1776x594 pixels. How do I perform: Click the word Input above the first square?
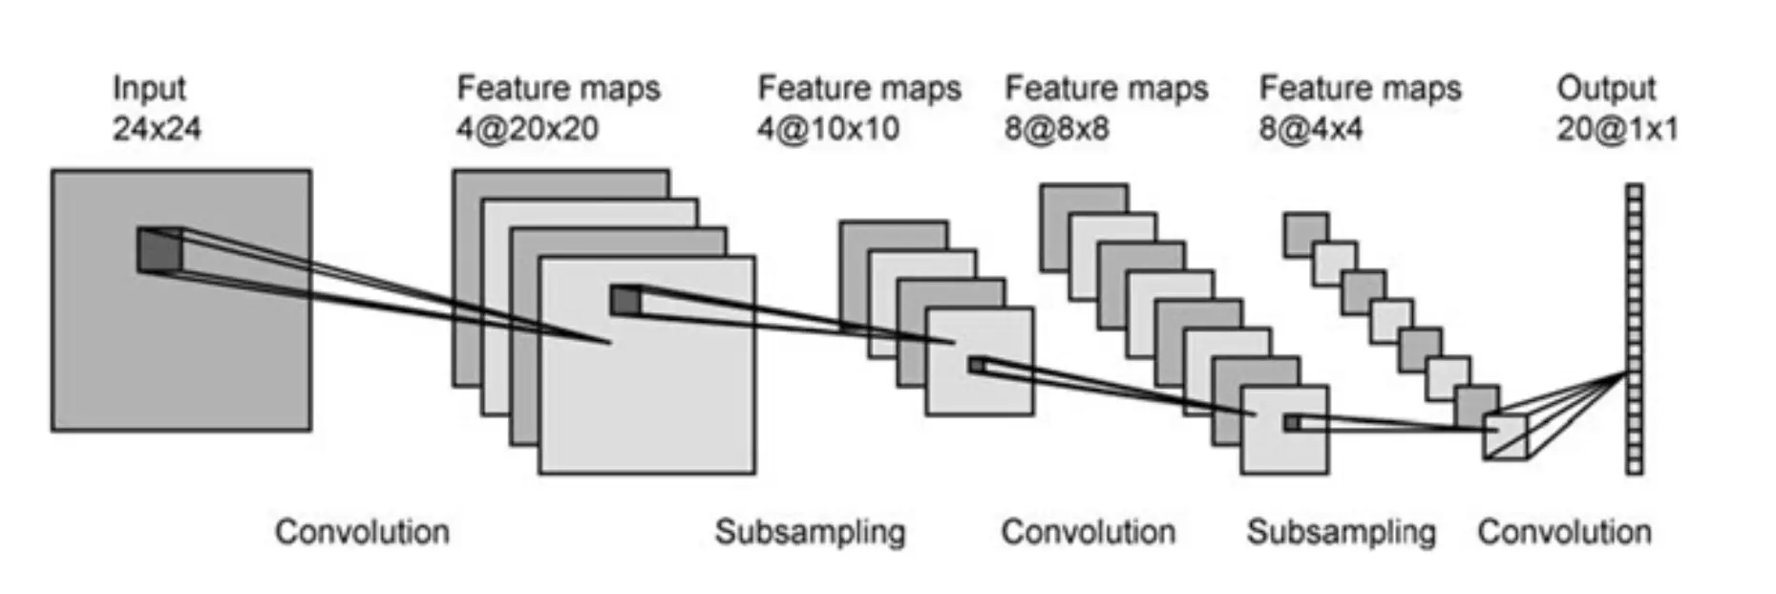[149, 88]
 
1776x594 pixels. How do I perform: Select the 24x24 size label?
[157, 129]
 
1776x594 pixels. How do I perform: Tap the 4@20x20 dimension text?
[527, 129]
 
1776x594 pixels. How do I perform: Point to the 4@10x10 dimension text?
[828, 129]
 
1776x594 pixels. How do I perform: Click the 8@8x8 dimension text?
[1056, 129]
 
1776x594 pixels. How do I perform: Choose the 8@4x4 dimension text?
[1311, 129]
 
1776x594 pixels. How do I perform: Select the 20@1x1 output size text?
[1617, 129]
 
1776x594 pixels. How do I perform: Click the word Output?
[1606, 88]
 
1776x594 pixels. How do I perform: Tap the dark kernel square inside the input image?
[159, 250]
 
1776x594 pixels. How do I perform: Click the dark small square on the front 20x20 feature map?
[625, 300]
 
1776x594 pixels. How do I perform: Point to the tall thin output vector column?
[1635, 329]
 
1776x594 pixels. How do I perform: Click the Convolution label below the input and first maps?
[362, 532]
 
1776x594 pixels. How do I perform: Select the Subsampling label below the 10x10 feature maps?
[810, 532]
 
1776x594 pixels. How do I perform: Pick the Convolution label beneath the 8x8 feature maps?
[1088, 532]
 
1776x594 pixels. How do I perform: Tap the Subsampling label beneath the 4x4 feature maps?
[1341, 532]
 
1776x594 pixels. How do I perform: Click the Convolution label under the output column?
[1564, 532]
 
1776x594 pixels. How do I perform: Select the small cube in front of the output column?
[1505, 437]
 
